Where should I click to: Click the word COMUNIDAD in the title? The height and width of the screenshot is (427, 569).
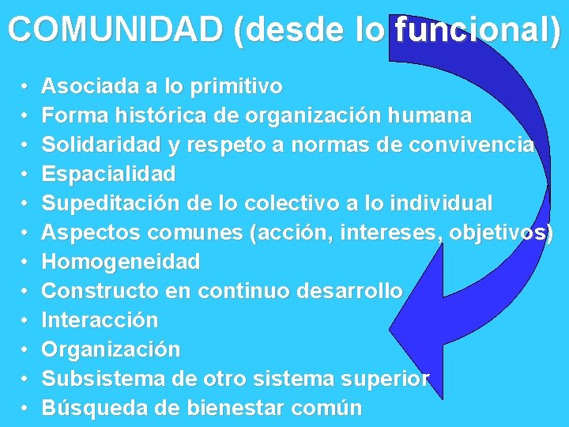click(x=116, y=30)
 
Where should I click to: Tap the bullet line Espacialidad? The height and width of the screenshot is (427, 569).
click(x=108, y=174)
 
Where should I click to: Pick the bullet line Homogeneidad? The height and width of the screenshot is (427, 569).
click(x=120, y=262)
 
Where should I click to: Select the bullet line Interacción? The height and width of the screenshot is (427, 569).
click(x=100, y=320)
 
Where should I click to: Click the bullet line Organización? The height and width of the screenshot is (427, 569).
click(x=111, y=350)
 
